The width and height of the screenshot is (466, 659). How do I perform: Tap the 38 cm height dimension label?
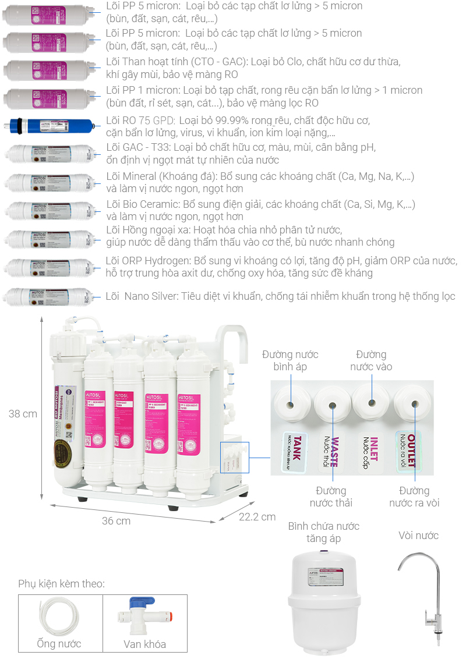(23, 414)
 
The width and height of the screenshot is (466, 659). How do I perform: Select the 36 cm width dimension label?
(116, 520)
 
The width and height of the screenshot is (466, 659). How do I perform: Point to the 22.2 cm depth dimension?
(257, 517)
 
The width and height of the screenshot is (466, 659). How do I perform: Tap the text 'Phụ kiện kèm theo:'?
(61, 583)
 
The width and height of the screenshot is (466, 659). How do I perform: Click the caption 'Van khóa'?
(144, 644)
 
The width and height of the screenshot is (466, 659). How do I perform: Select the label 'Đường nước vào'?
(371, 360)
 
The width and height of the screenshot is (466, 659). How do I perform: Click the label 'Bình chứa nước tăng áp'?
(324, 532)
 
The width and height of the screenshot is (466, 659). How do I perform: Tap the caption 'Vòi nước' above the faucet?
(418, 535)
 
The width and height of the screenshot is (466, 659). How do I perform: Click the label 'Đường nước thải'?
(331, 497)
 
